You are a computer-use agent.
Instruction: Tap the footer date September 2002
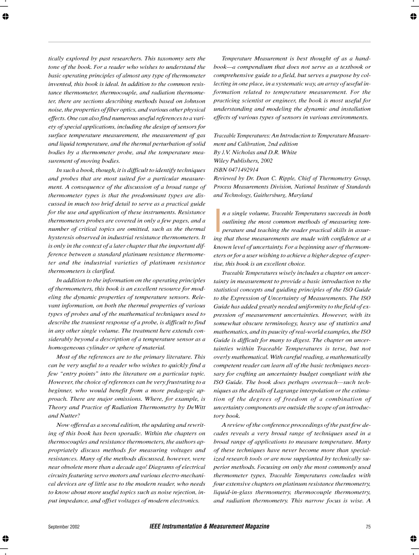click(64, 526)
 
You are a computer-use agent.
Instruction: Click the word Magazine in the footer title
click(252, 526)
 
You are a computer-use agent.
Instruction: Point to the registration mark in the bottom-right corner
click(413, 538)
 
